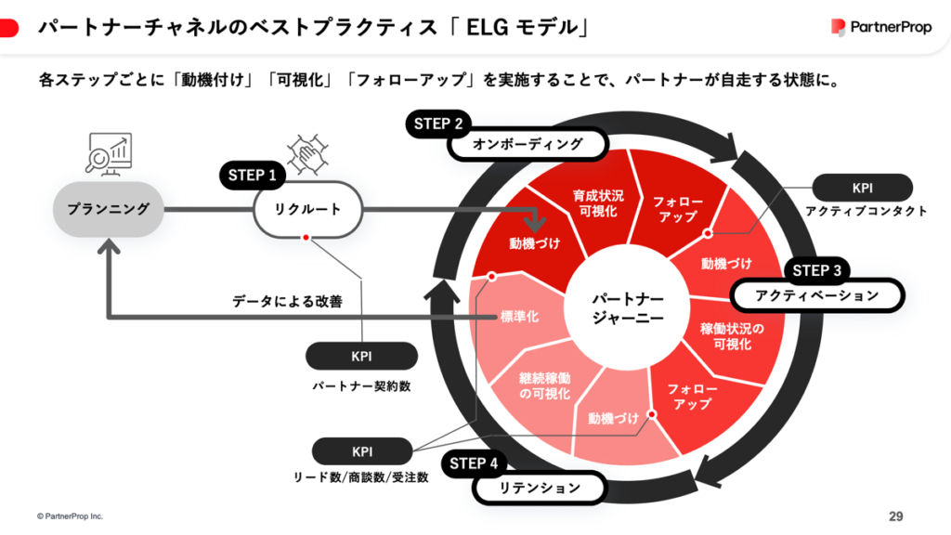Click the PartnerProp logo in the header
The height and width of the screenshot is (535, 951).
click(x=880, y=28)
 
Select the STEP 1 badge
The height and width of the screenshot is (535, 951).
click(x=254, y=174)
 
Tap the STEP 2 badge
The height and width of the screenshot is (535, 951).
click(x=438, y=124)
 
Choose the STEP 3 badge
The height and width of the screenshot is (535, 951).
click(x=816, y=270)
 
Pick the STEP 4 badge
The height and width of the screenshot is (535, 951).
click(x=474, y=463)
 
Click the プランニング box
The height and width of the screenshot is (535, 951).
click(x=108, y=209)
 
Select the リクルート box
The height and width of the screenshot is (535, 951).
click(x=307, y=209)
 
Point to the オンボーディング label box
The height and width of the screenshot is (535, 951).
click(x=528, y=144)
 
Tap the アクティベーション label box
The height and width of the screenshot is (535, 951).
click(x=816, y=295)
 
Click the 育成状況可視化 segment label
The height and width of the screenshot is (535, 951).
click(x=598, y=203)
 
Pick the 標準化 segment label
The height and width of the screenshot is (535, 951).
click(x=520, y=317)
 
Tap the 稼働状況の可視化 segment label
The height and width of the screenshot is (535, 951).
click(x=732, y=337)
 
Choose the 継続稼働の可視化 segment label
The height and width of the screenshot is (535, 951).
click(x=545, y=386)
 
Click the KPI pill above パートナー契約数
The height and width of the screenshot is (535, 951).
click(x=361, y=356)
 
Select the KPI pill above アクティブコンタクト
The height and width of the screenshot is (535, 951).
click(x=862, y=188)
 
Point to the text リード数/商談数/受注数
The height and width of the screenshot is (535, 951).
click(x=361, y=477)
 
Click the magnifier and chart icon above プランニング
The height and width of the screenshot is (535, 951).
click(x=108, y=155)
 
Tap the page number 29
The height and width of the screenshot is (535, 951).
click(x=895, y=515)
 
